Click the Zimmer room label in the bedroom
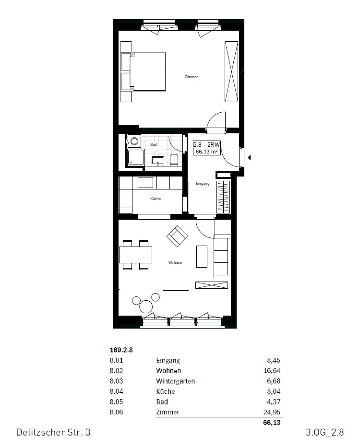[x=191, y=77]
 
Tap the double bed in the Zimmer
[x=148, y=71]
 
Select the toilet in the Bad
[x=174, y=160]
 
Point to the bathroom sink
[x=158, y=160]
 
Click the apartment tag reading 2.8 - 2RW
[x=206, y=148]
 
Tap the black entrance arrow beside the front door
[x=249, y=156]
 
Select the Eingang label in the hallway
[x=203, y=183]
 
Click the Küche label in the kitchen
[x=155, y=199]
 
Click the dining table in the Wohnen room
[x=136, y=255]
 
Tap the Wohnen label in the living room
[x=175, y=262]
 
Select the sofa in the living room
[x=222, y=257]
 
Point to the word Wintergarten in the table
[x=175, y=381]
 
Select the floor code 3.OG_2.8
[x=324, y=433]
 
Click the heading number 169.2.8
[x=121, y=350]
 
